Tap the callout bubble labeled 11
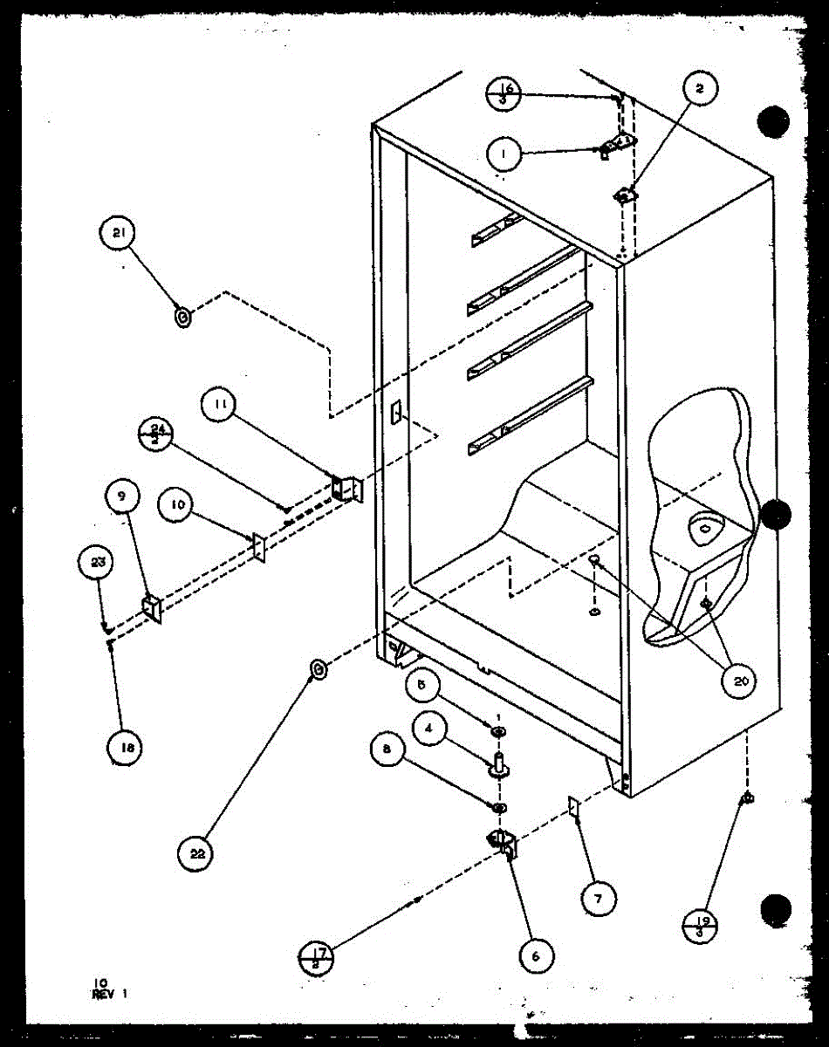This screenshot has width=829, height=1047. tap(218, 405)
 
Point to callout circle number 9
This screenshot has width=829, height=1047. tap(122, 497)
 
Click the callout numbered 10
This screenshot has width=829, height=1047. tap(175, 507)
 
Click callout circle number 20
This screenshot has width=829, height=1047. tap(739, 681)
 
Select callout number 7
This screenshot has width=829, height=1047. tap(599, 898)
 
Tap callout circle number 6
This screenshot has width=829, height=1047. tap(535, 955)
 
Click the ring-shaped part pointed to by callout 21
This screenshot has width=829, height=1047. tap(182, 318)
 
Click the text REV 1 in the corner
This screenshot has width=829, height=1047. tap(110, 992)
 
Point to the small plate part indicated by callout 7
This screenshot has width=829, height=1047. tap(574, 807)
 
